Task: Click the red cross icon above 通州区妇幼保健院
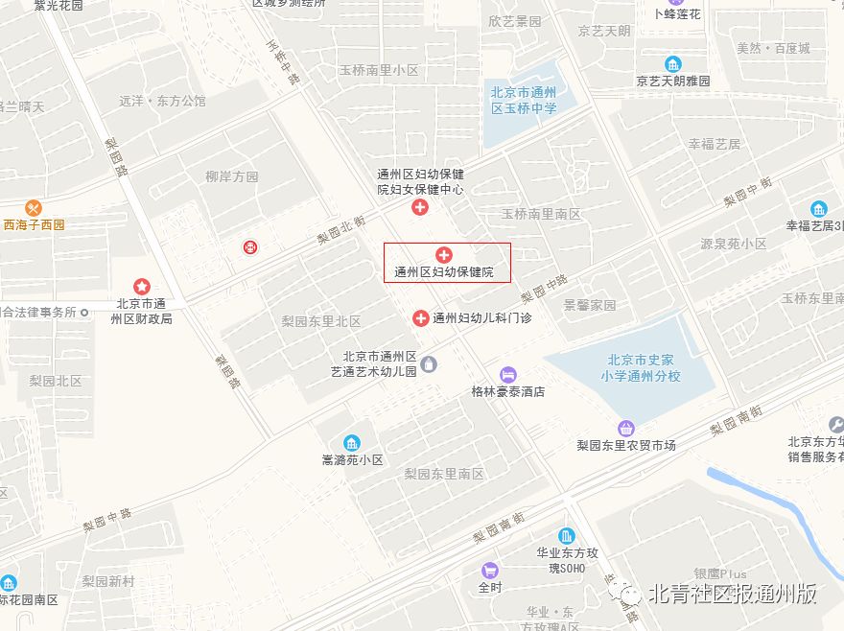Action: click(x=444, y=254)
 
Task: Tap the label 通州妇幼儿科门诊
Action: click(x=481, y=317)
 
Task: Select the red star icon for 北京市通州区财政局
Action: click(x=142, y=286)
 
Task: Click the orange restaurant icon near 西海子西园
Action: click(x=35, y=207)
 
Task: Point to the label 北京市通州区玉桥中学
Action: click(x=524, y=101)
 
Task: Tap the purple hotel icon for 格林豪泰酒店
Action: click(x=508, y=374)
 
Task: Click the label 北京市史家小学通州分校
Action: click(x=640, y=368)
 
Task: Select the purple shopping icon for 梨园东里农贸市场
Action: click(x=626, y=428)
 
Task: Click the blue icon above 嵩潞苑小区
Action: click(x=352, y=442)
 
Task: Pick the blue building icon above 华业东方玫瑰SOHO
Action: click(x=567, y=535)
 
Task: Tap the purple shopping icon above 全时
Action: click(x=490, y=570)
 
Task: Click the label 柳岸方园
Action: click(x=232, y=176)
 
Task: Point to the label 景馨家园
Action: click(x=590, y=305)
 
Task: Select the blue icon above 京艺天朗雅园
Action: click(x=674, y=64)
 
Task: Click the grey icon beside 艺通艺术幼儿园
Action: click(x=429, y=363)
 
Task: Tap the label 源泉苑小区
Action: click(x=734, y=244)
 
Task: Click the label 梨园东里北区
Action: click(x=321, y=321)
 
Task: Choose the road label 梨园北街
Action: click(x=341, y=231)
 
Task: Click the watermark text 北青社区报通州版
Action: click(x=733, y=595)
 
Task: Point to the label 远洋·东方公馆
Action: click(x=162, y=100)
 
